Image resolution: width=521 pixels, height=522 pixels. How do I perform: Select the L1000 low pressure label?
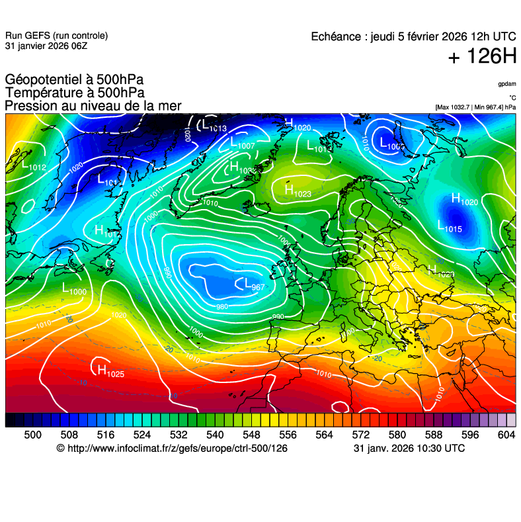pos(74,289)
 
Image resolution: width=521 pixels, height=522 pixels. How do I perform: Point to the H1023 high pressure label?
pos(298,191)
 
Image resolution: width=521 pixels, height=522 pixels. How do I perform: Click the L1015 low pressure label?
pos(450,226)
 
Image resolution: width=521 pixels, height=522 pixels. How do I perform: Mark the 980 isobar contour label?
pos(222,306)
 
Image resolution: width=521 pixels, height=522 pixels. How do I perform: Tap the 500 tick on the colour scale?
pos(32,434)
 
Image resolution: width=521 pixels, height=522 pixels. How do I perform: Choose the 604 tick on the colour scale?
pos(506,434)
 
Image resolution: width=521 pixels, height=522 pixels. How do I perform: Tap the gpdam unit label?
pos(507,84)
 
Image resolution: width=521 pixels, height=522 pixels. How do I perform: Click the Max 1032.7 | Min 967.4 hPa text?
pos(475,107)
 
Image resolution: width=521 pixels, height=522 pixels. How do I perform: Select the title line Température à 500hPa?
pos(75,93)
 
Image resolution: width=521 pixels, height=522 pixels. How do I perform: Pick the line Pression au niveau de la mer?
pos(93,106)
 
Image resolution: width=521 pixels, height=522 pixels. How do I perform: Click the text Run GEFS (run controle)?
pos(56,36)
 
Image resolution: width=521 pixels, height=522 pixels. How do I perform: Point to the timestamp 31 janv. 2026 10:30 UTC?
pos(409,449)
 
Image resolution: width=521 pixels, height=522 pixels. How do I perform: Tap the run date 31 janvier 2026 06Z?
pos(46,46)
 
